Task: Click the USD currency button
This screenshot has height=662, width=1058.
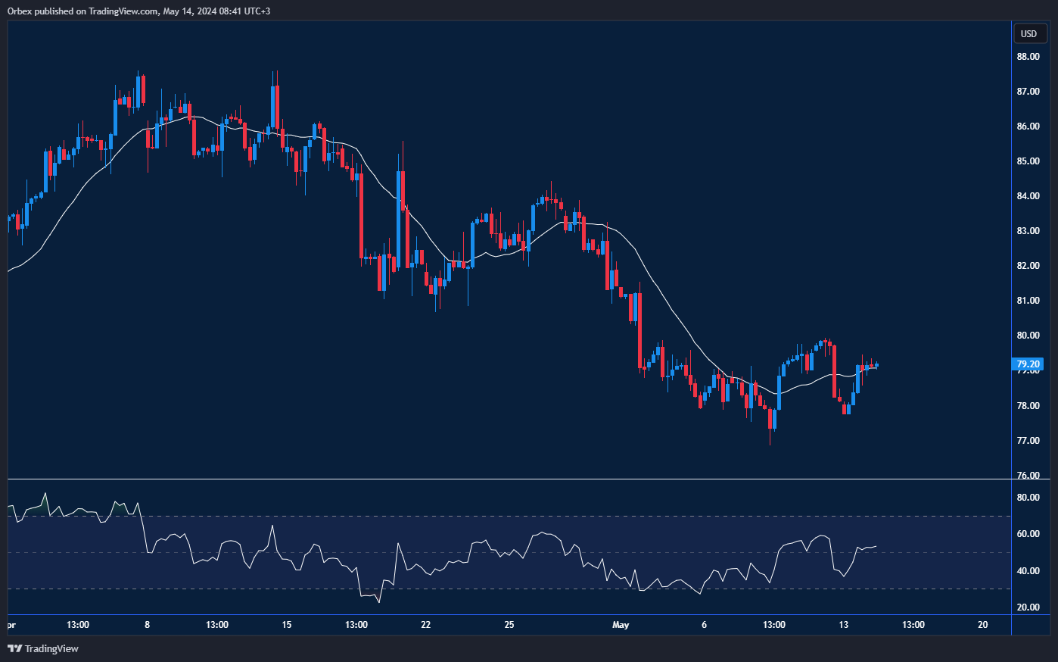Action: click(x=1028, y=33)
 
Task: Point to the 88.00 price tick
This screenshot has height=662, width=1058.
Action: click(x=1028, y=57)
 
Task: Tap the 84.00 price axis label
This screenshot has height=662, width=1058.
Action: click(x=1028, y=196)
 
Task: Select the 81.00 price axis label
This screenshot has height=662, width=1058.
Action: click(x=1028, y=301)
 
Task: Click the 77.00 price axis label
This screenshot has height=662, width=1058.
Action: click(x=1028, y=441)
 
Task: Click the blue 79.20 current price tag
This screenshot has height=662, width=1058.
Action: click(x=1028, y=364)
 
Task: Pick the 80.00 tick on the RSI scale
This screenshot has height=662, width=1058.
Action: click(x=1028, y=498)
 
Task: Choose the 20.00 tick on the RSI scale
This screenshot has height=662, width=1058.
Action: click(x=1028, y=607)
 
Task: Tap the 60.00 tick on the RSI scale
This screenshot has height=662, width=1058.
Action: click(x=1028, y=534)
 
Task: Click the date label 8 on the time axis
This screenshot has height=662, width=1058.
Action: click(x=147, y=625)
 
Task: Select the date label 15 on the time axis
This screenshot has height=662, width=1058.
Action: click(x=286, y=625)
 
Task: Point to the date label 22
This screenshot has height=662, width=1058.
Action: click(x=425, y=625)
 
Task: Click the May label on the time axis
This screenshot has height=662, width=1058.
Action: click(x=621, y=625)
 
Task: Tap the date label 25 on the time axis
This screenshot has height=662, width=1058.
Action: click(x=509, y=625)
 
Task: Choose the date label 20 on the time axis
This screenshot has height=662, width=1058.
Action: click(x=982, y=625)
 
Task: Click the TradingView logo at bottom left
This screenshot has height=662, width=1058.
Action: click(x=43, y=648)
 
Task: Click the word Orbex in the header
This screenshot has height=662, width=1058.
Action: click(x=20, y=11)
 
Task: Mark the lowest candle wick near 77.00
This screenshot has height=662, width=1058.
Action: click(x=770, y=442)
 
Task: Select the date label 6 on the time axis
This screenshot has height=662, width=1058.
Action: click(x=704, y=625)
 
